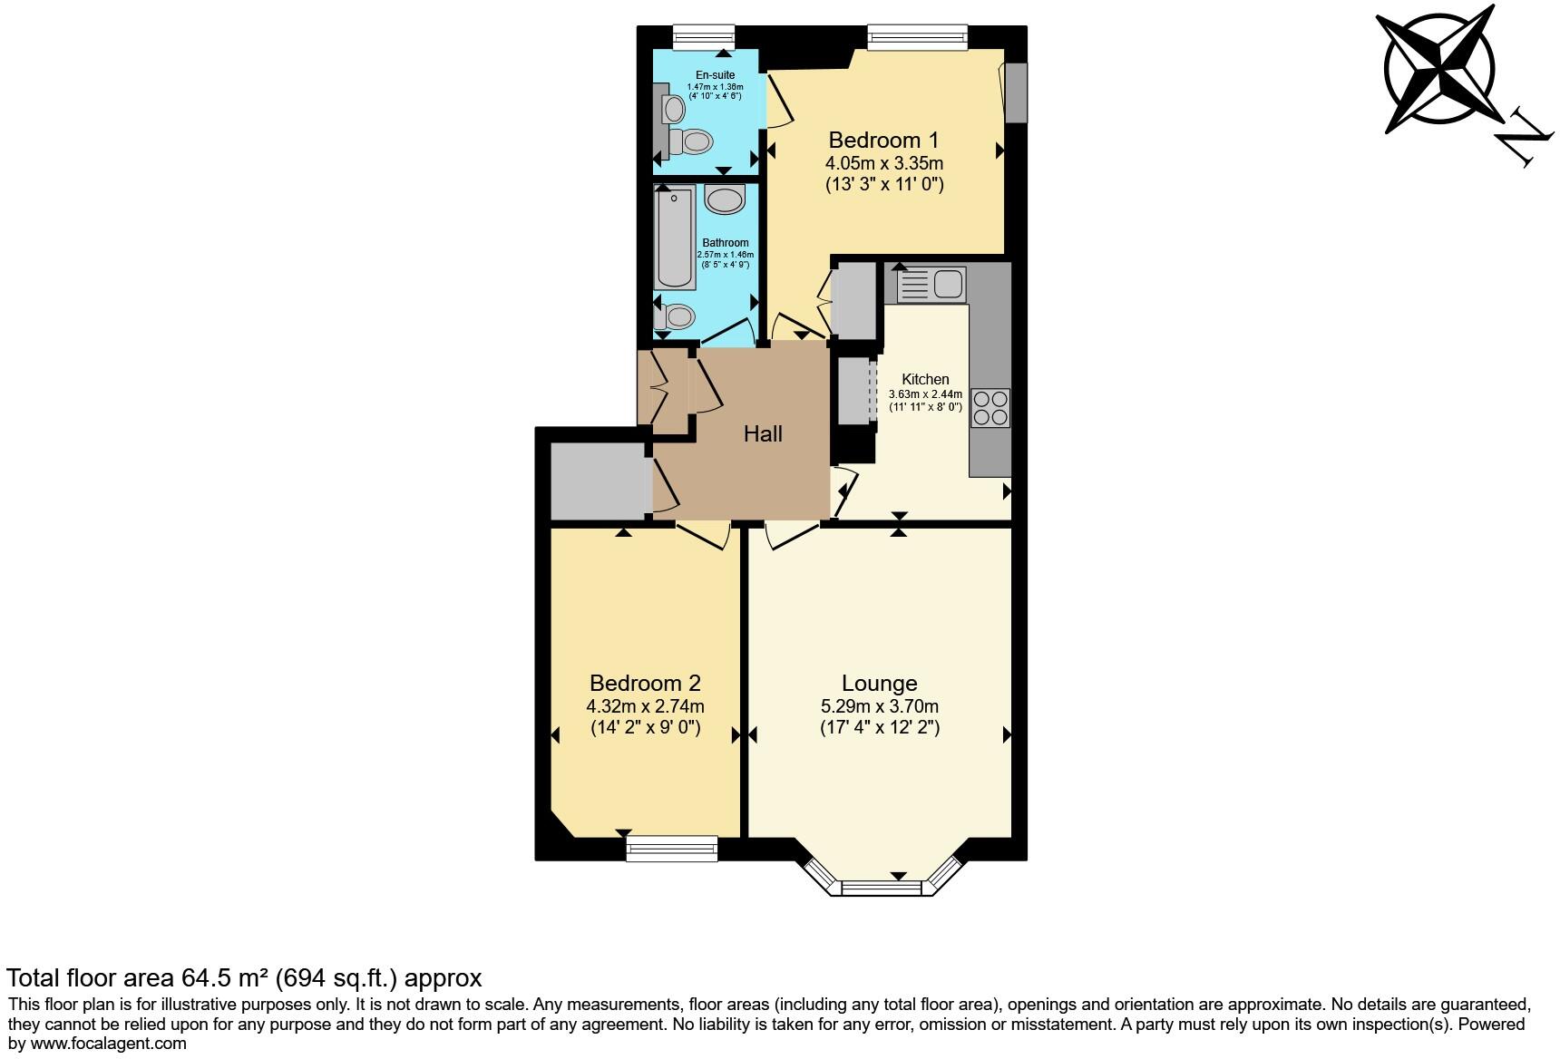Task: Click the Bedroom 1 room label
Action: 883,141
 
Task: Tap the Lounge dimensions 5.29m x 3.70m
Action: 879,706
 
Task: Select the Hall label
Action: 763,434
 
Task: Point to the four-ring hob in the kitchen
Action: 990,407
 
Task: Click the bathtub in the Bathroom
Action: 675,238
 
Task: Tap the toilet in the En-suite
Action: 695,141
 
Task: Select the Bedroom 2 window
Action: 672,849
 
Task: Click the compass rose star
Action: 1438,69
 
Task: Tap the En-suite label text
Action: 715,75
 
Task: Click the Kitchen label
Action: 925,380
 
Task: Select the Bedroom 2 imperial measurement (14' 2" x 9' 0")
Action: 645,728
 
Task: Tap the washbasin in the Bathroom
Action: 725,199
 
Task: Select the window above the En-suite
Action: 704,34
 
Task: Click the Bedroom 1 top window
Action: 917,35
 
